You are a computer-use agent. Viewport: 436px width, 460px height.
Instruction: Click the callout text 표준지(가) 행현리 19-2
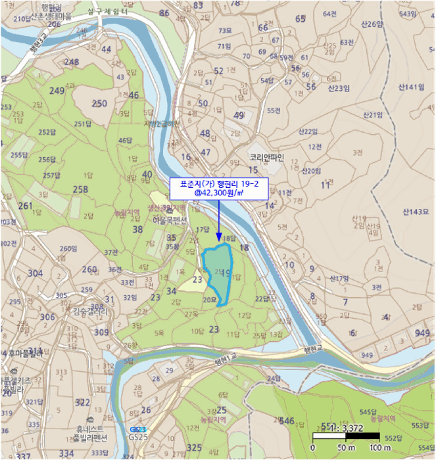(218, 184)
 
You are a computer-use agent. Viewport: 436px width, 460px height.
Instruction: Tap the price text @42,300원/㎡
(218, 193)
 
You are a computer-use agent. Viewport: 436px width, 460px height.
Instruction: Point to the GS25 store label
(138, 436)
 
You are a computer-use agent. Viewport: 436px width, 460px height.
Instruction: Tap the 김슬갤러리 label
(90, 311)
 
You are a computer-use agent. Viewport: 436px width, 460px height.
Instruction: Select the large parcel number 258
(80, 190)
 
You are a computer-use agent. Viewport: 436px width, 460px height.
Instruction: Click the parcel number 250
(99, 103)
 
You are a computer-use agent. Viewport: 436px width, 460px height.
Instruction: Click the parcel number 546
(287, 421)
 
